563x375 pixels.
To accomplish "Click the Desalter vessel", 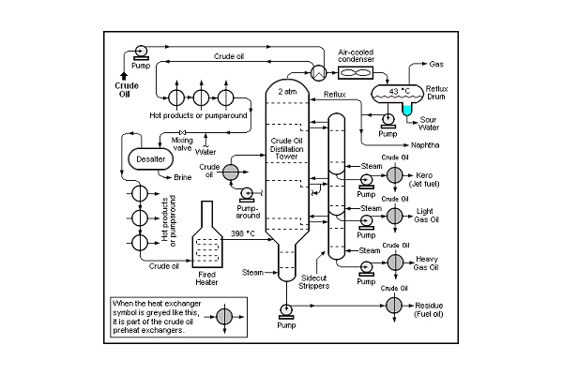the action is [x=151, y=159].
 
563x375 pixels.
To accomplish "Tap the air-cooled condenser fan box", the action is [x=356, y=73].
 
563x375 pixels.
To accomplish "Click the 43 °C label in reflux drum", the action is [x=400, y=91].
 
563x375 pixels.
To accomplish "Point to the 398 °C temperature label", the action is [x=243, y=233].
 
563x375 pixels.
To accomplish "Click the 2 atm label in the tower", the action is [x=287, y=92].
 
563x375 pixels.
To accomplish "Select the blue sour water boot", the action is [x=407, y=108].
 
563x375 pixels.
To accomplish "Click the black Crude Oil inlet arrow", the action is [x=124, y=76].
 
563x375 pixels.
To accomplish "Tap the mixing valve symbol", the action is [x=182, y=132].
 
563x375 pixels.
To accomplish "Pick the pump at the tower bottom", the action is [x=286, y=311].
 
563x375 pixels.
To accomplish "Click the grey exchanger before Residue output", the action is [x=395, y=306].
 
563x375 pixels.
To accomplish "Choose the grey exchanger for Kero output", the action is [x=395, y=175].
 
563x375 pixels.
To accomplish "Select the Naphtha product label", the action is [x=425, y=145].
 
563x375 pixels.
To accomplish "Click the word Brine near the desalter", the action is [x=182, y=177].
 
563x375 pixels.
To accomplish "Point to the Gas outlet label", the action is [x=436, y=65].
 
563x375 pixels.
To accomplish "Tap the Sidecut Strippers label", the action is [x=313, y=282].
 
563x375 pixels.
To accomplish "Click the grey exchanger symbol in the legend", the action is [x=224, y=317].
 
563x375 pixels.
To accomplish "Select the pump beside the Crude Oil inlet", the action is [x=141, y=52].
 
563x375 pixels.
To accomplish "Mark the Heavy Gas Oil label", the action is [x=426, y=263].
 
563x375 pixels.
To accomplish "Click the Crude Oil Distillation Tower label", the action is [x=286, y=148].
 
